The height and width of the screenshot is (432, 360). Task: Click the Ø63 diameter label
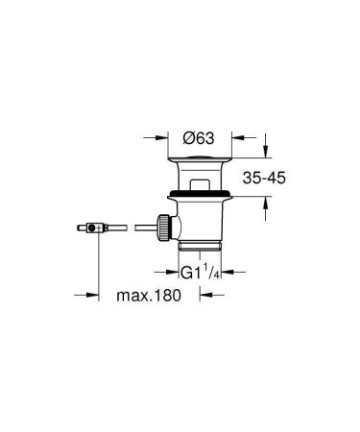[x=200, y=136]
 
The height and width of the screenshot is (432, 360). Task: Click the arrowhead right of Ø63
[x=232, y=136]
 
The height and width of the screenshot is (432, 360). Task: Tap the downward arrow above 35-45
[x=268, y=153]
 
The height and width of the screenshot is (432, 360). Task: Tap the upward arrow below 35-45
[x=268, y=202]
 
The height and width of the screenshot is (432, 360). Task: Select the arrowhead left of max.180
[x=106, y=295]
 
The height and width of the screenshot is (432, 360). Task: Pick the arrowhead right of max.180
[x=195, y=295]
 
